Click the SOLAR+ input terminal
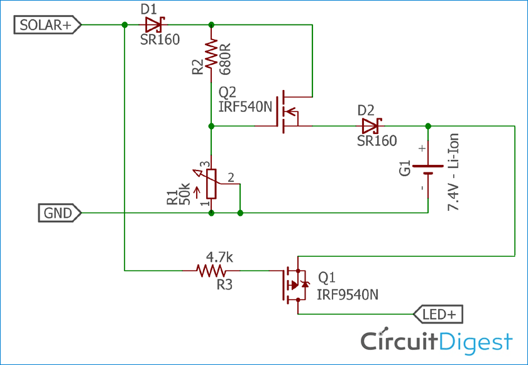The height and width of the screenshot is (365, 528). tap(47, 25)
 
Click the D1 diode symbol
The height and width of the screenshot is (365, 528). tap(153, 25)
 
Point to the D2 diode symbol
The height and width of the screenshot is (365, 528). tap(371, 126)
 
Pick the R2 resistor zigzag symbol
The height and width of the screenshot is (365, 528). tap(211, 53)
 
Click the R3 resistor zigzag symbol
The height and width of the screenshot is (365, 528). tap(212, 271)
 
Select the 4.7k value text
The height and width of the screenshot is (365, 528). tap(220, 257)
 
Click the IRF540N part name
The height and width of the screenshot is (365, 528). tap(245, 106)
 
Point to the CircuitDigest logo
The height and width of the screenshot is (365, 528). tap(436, 341)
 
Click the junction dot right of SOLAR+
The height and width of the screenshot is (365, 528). tap(124, 25)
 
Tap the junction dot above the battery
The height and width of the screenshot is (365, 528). tap(428, 126)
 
